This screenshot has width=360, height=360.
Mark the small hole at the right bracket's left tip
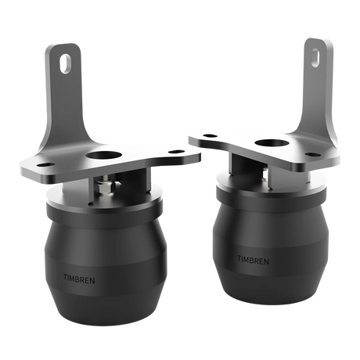pos(205,135)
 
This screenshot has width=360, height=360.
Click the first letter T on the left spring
pos(65,276)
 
